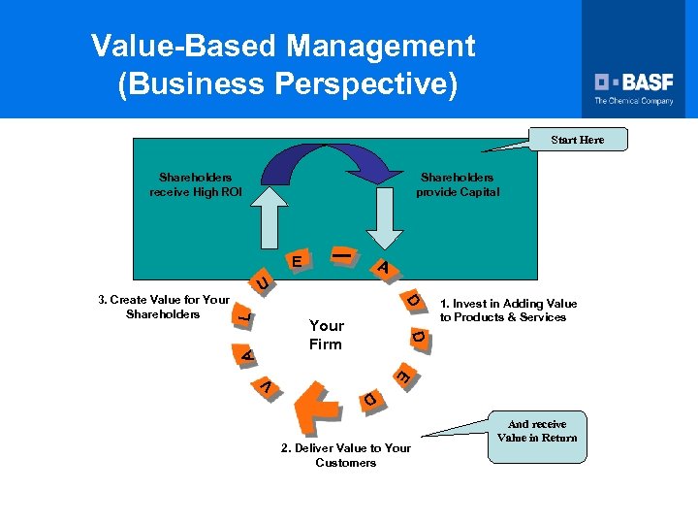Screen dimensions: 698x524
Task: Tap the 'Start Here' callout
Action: [577, 140]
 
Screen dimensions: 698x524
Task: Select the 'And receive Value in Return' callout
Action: [536, 431]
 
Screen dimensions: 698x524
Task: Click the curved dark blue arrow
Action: [319, 163]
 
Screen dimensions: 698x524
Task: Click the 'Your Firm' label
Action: [326, 334]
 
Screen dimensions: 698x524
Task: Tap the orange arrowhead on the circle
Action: [314, 405]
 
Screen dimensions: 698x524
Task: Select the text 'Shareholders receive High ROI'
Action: [195, 184]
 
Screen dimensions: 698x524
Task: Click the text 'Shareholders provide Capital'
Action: [457, 184]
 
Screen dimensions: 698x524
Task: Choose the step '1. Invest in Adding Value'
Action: [508, 311]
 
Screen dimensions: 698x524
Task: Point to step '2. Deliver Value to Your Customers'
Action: [345, 455]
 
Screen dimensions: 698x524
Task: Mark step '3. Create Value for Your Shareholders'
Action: [164, 307]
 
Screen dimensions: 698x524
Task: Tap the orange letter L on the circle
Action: [245, 315]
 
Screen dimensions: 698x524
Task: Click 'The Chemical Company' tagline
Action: [633, 101]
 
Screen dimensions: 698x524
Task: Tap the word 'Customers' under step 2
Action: [345, 463]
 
